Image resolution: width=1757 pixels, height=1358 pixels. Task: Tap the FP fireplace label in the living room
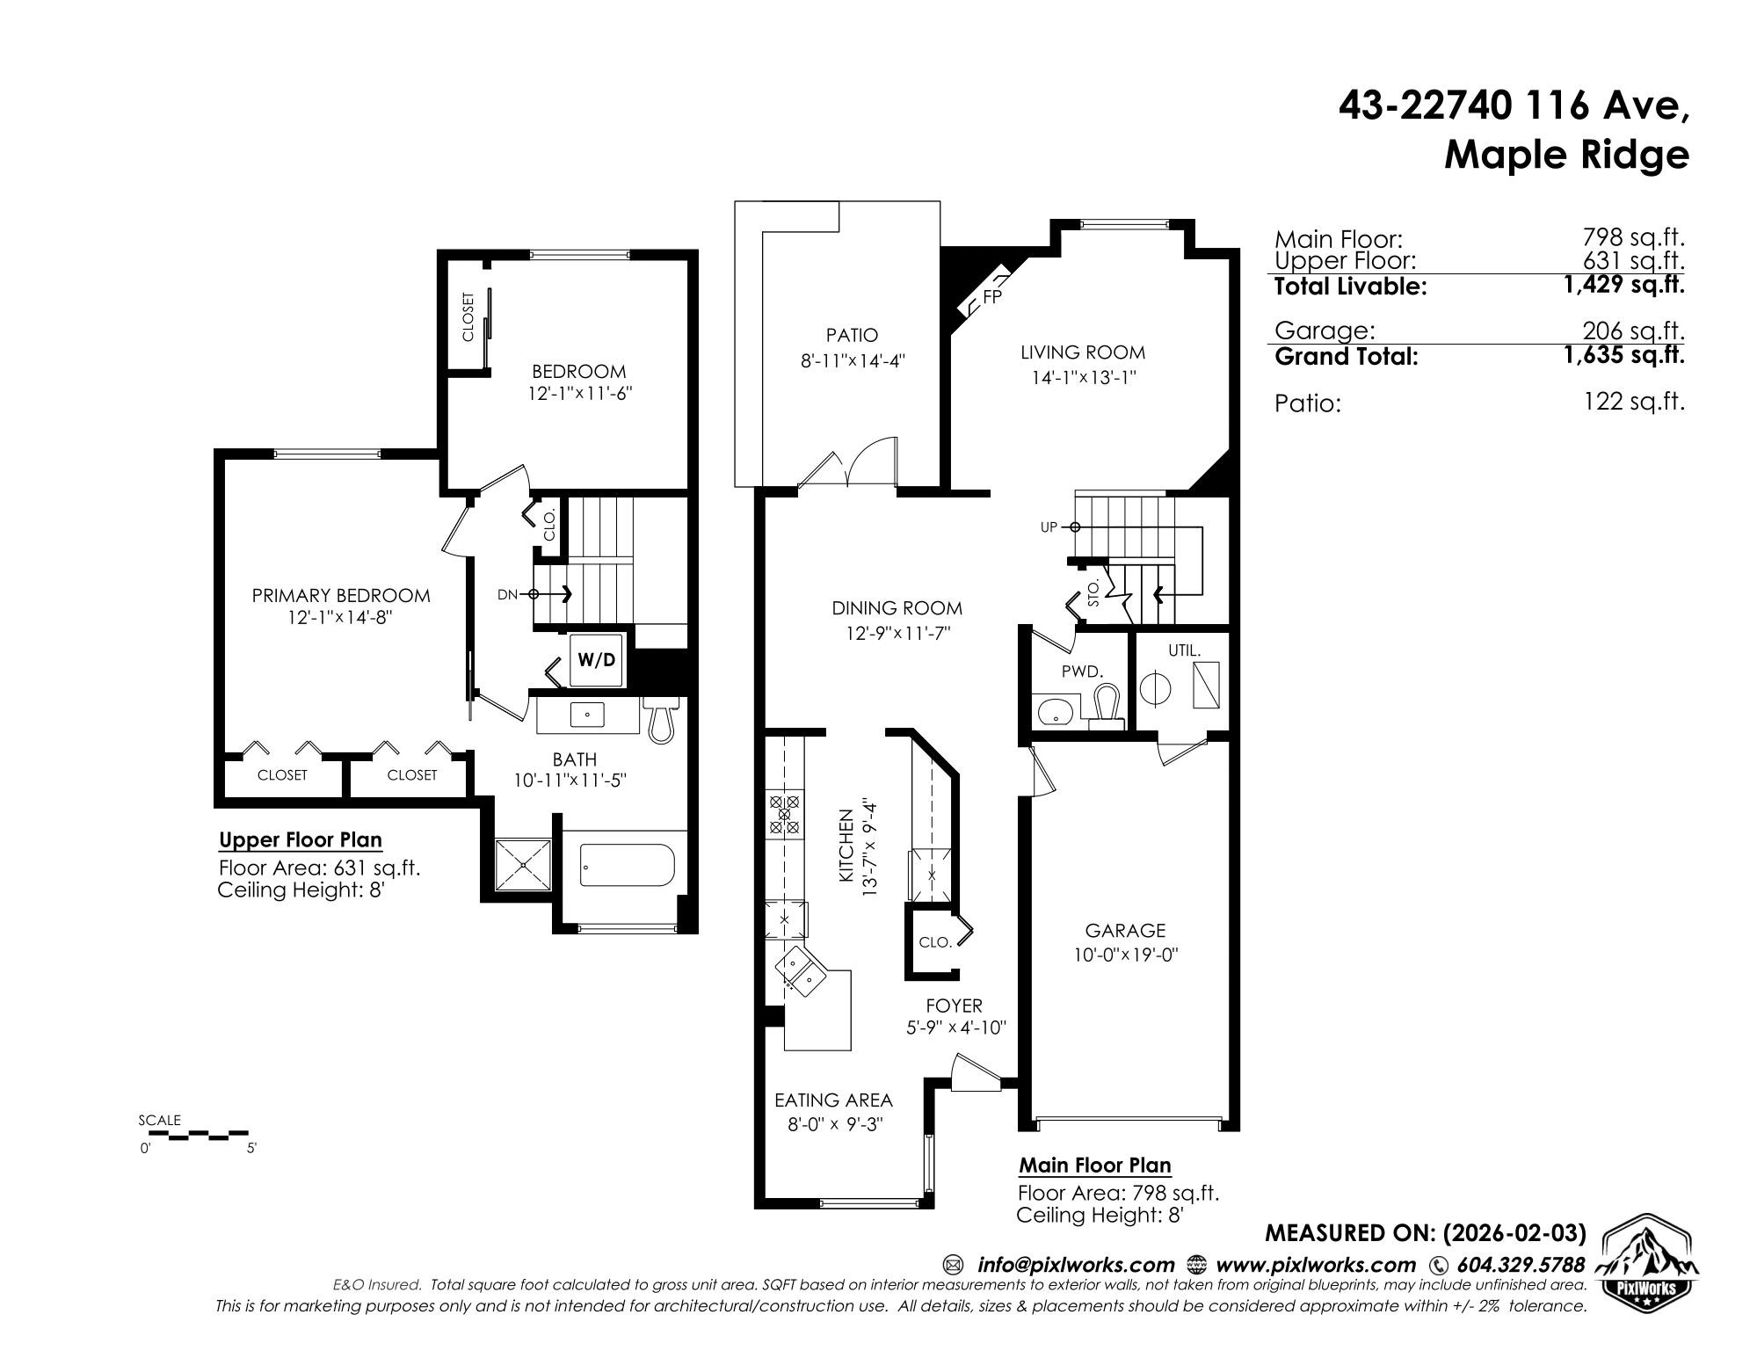coord(992,296)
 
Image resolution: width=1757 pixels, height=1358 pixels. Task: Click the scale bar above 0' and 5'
coord(194,1136)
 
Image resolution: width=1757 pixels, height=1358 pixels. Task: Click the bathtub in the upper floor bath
coord(627,866)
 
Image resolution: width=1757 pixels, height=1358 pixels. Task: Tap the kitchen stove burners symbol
coord(783,814)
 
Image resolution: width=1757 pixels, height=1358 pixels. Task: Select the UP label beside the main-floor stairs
coord(1049,527)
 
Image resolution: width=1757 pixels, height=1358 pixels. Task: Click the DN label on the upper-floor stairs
coord(507,594)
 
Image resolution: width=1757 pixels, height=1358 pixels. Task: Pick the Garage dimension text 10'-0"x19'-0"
coord(1125,955)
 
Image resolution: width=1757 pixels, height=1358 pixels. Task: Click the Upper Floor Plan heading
coord(301,840)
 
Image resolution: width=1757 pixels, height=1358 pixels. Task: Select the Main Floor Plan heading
coord(1095,1166)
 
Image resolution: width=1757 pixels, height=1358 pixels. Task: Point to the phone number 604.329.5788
coord(1521,1265)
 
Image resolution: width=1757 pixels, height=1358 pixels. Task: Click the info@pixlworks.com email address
coord(1076,1265)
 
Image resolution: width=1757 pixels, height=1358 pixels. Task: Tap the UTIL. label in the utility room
coord(1184,650)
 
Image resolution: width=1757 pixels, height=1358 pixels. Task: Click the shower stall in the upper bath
coord(523,867)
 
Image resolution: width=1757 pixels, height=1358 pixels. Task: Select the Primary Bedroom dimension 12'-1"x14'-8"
coord(339,618)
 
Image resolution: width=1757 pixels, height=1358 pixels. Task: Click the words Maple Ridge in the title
coord(1566,156)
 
